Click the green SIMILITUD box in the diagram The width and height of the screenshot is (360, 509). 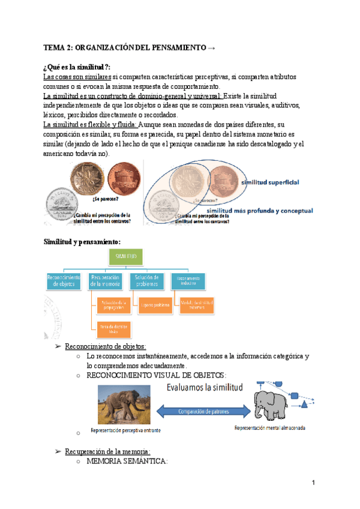point(126,257)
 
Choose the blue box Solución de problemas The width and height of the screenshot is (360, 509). point(146,281)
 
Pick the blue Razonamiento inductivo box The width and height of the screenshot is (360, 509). point(187,281)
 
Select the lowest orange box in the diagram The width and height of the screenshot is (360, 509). point(112,329)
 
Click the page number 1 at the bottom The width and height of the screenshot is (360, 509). point(313,483)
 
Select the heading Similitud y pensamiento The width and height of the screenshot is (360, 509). point(82,241)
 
